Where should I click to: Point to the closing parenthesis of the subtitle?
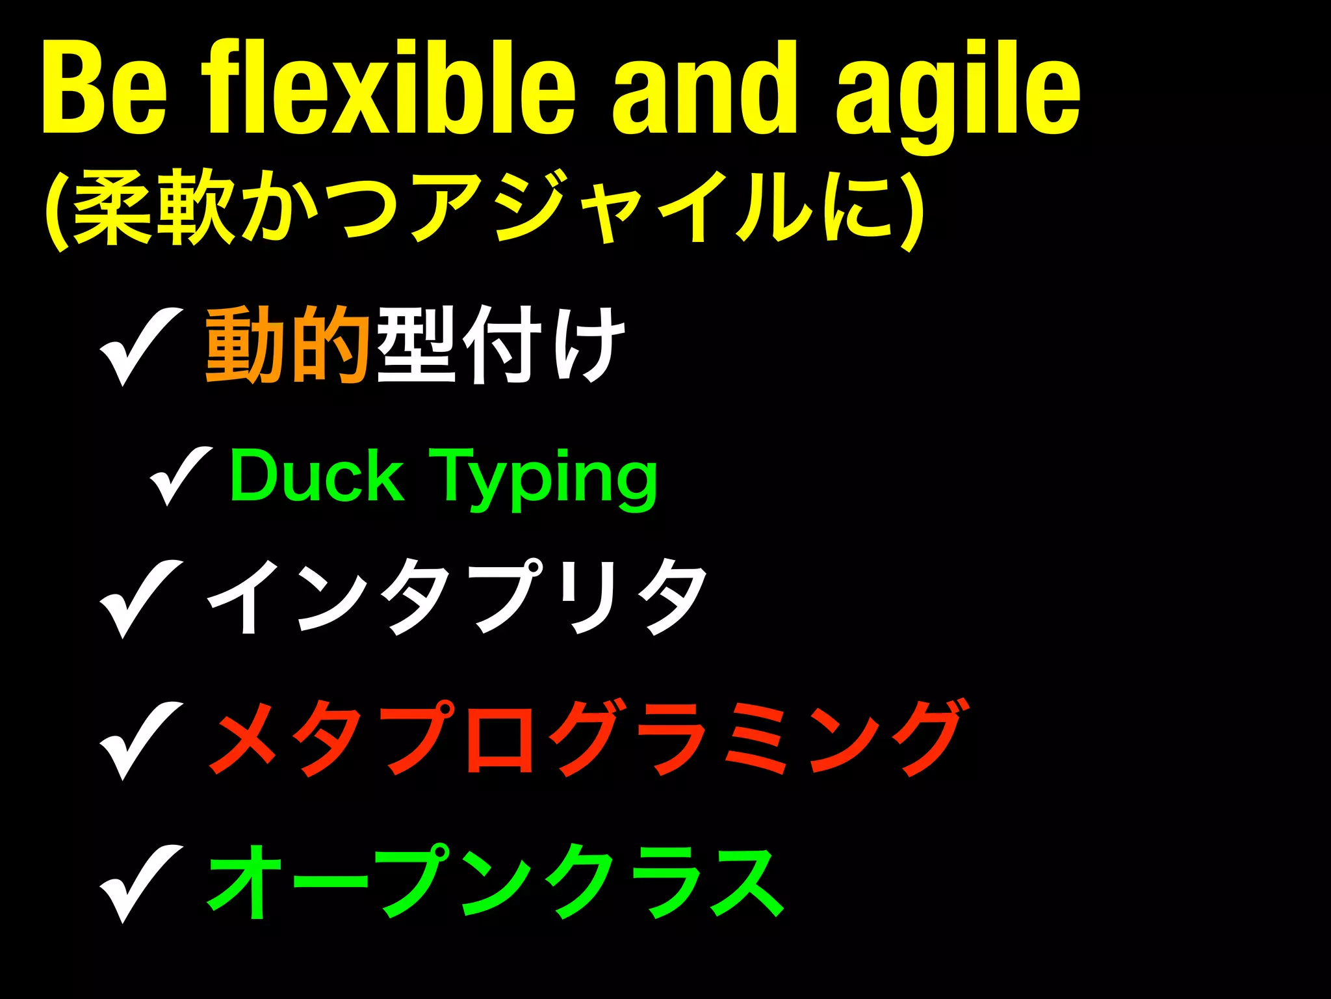911,209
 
